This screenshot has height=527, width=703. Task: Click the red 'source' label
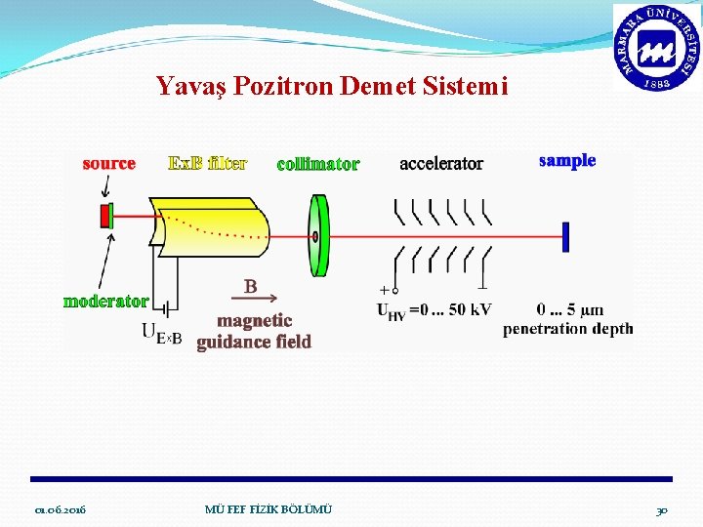pyautogui.click(x=108, y=163)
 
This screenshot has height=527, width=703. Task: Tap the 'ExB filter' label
pyautogui.click(x=207, y=163)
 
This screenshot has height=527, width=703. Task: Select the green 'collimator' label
pyautogui.click(x=317, y=164)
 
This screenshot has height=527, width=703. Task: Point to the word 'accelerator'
pyautogui.click(x=440, y=163)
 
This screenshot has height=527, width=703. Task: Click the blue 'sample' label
pyautogui.click(x=567, y=160)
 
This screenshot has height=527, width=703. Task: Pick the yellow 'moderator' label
pyautogui.click(x=105, y=301)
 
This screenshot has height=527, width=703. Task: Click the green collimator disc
pyautogui.click(x=317, y=235)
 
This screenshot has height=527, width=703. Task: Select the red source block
pyautogui.click(x=103, y=215)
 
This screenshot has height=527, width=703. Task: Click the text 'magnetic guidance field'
pyautogui.click(x=254, y=331)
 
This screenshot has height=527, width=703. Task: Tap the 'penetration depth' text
pyautogui.click(x=567, y=329)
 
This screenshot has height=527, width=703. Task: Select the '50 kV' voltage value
pyautogui.click(x=469, y=309)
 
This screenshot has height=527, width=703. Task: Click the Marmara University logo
pyautogui.click(x=655, y=47)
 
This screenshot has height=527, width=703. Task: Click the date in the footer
pyautogui.click(x=60, y=510)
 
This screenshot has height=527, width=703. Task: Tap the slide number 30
pyautogui.click(x=661, y=510)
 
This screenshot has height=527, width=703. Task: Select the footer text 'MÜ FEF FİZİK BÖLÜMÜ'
pyautogui.click(x=269, y=509)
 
